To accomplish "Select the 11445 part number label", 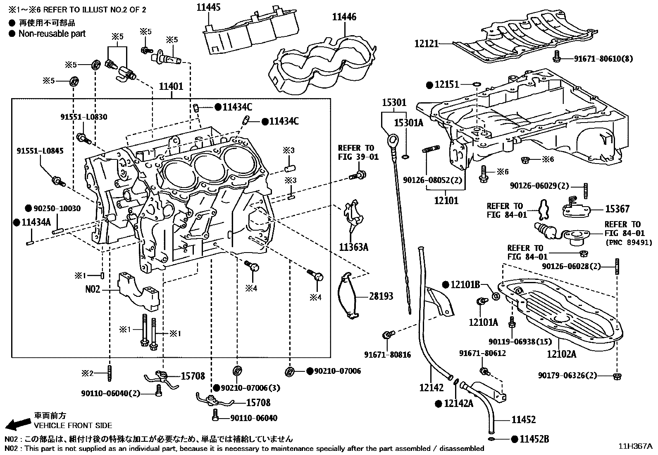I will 208,7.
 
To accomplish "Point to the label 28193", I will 381,296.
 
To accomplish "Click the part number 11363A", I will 353,248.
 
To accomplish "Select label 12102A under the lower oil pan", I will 562,354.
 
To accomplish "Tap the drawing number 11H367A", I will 635,446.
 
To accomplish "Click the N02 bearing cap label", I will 93,289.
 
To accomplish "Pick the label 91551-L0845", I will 40,151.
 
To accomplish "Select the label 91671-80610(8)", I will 603,59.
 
